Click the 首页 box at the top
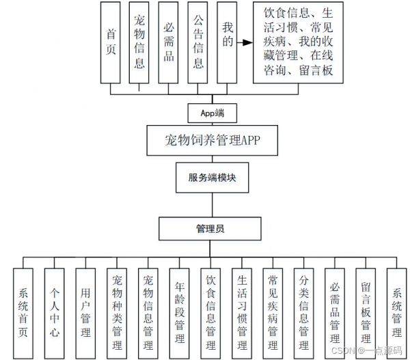coord(110,42)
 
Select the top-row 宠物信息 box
coord(139,42)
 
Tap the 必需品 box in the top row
coord(168,42)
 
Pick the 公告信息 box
coord(197,42)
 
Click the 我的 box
coord(227,42)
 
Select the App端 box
coord(213,113)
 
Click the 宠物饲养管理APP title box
coord(212,141)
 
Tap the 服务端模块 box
coord(212,178)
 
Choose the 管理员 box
coord(210,229)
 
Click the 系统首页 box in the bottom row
coord(23,313)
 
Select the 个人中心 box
coord(54,313)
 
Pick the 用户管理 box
coord(85,313)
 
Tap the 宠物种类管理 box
coord(117,313)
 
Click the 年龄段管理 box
coord(179,313)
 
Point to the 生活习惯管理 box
coord(242,313)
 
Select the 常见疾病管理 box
coord(273,313)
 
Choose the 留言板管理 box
coord(366,313)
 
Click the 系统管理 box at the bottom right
coord(396,313)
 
